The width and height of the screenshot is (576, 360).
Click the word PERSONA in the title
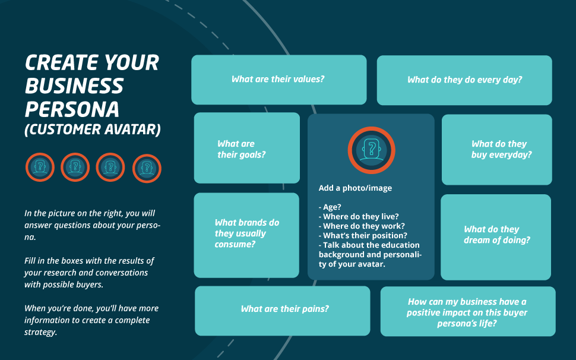(72, 109)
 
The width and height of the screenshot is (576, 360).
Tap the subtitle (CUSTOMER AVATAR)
(93, 130)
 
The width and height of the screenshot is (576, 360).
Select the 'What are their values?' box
(279, 80)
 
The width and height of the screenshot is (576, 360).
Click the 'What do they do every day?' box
(464, 80)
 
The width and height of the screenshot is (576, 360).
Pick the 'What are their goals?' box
(247, 148)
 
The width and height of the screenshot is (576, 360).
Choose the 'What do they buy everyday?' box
(496, 150)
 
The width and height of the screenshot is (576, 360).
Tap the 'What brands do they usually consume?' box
(246, 235)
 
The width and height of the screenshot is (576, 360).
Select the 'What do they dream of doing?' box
(496, 237)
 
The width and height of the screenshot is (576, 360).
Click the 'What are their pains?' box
(283, 311)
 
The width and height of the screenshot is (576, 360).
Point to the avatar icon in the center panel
(371, 150)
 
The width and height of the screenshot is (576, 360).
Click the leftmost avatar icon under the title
(40, 167)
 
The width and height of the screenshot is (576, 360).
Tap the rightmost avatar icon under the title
(147, 168)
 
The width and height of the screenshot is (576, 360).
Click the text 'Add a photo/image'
(355, 188)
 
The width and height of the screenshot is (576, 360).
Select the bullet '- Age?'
(330, 207)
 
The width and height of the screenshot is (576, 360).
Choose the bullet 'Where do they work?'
(362, 226)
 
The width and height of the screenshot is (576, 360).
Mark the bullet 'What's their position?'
(363, 236)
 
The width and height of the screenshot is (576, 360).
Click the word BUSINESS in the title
(74, 86)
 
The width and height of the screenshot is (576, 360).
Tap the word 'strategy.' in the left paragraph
(41, 333)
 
